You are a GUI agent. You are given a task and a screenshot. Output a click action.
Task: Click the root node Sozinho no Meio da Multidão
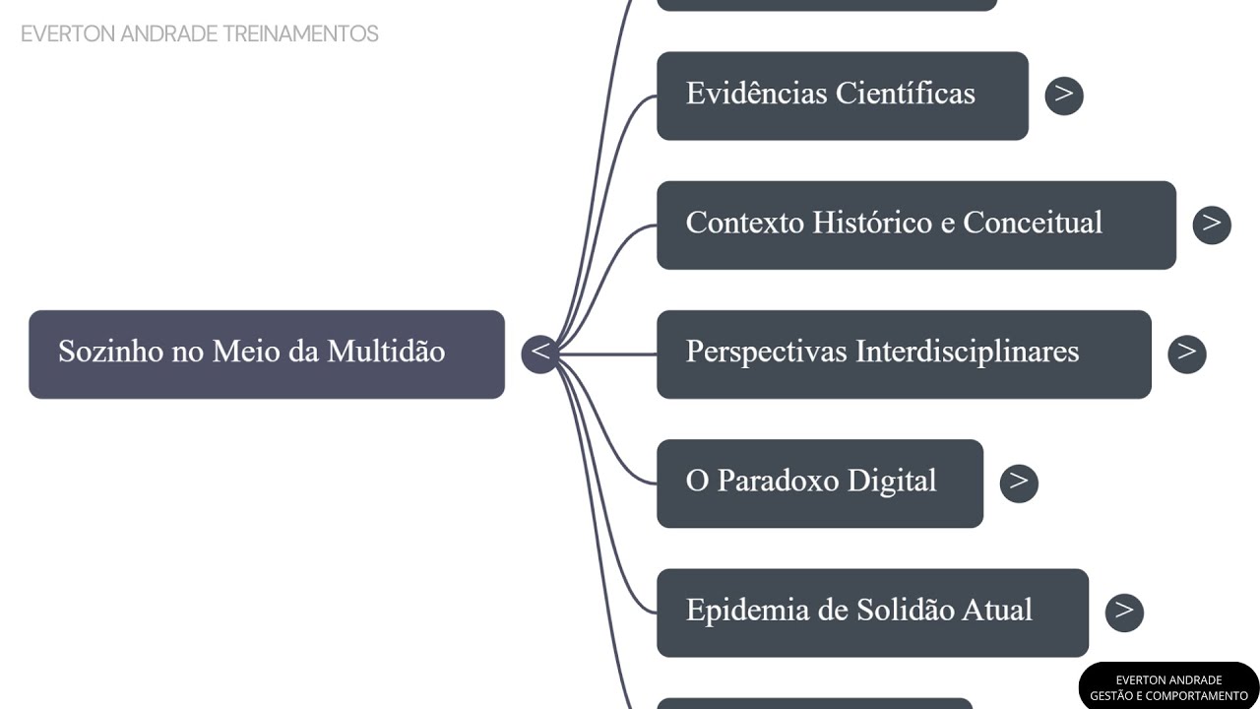pos(266,354)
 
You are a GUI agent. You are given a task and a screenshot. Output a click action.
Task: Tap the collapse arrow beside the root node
pos(539,353)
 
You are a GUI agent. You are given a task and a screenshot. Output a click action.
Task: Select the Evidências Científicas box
pos(842,96)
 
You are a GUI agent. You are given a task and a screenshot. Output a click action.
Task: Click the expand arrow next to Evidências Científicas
pos(1063,96)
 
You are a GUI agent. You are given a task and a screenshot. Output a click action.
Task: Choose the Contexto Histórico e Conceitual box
pos(915,225)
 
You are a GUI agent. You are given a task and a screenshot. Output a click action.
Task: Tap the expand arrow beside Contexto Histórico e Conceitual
pos(1211,225)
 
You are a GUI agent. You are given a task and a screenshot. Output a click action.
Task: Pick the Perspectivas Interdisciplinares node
pos(903,354)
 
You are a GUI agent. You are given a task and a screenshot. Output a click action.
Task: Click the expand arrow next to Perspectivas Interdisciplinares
pos(1186,354)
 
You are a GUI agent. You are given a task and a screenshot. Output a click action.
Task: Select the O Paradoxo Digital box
pos(819,483)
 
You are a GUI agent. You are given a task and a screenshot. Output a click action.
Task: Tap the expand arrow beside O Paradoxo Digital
pos(1018,483)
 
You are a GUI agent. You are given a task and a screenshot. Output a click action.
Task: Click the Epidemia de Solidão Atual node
pos(872,612)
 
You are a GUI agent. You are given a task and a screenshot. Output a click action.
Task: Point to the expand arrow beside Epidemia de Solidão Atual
pos(1123,612)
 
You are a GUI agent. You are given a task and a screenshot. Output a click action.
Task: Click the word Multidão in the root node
pos(386,352)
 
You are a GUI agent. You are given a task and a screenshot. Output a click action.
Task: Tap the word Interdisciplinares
pos(967,352)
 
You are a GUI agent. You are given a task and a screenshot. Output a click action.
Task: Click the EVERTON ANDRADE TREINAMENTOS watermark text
pos(199,33)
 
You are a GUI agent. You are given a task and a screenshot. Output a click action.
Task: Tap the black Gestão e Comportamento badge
pos(1168,687)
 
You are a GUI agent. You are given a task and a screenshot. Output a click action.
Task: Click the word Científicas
pos(905,94)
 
